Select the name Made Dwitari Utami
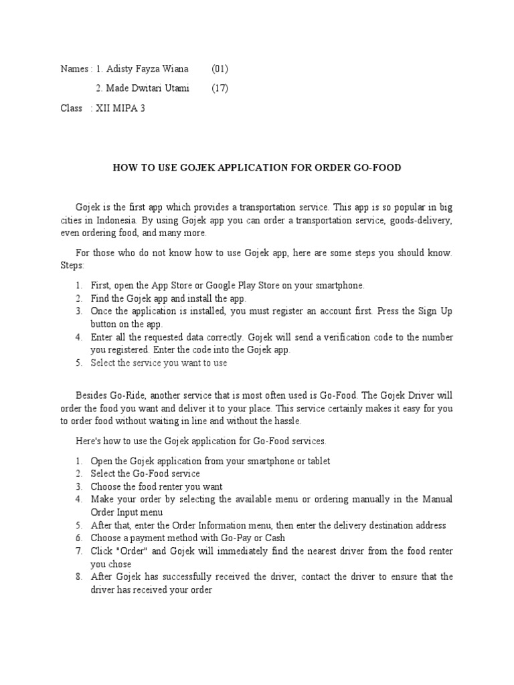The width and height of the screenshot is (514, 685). click(148, 88)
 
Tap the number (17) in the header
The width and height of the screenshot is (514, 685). click(220, 88)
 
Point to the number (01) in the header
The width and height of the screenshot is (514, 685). click(220, 69)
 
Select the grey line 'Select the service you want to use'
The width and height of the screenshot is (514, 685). click(159, 363)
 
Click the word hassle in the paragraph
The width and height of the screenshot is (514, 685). click(286, 421)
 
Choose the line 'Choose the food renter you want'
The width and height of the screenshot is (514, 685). click(157, 487)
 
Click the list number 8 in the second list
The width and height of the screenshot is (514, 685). click(78, 577)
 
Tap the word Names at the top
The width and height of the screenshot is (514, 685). click(74, 69)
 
